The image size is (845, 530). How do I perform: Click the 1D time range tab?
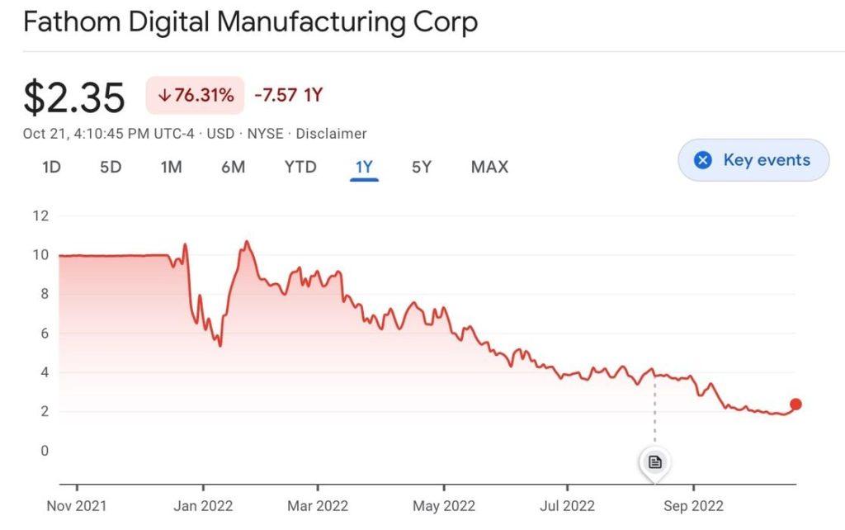click(x=51, y=167)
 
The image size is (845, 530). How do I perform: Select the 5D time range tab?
click(x=111, y=167)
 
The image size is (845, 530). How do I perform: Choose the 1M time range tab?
click(x=171, y=167)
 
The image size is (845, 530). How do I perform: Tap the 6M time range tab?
click(x=233, y=167)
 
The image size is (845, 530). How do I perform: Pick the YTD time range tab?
click(x=300, y=167)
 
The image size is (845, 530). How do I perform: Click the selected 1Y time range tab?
click(x=364, y=167)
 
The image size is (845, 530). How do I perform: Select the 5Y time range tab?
click(x=422, y=167)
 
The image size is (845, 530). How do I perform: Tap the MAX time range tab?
click(x=489, y=167)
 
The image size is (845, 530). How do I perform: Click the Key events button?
click(x=753, y=160)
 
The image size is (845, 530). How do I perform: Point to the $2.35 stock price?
click(x=74, y=97)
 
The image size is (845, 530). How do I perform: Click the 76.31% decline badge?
click(x=196, y=95)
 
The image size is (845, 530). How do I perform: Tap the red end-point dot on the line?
click(x=795, y=405)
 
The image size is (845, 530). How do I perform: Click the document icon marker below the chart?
click(x=655, y=462)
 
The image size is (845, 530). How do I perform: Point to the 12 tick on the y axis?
click(x=40, y=216)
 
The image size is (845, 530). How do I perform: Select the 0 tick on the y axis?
click(x=45, y=451)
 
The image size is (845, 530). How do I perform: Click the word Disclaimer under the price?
click(x=331, y=134)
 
